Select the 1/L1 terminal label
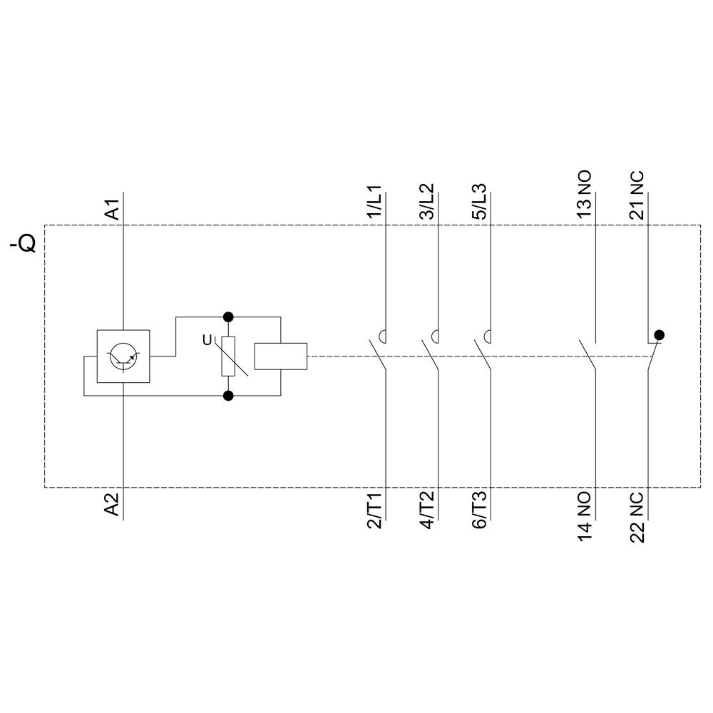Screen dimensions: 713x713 pyautogui.click(x=374, y=203)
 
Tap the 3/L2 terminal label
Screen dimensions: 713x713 pyautogui.click(x=426, y=203)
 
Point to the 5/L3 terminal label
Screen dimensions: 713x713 pyautogui.click(x=479, y=203)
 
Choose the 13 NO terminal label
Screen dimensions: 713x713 pyautogui.click(x=584, y=195)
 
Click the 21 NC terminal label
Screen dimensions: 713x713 pyautogui.click(x=637, y=195)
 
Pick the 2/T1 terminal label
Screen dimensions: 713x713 pyautogui.click(x=374, y=511)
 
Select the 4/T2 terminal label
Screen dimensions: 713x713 pyautogui.click(x=426, y=511)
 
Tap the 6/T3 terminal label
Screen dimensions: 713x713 pyautogui.click(x=479, y=511)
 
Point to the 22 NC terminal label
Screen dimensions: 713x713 pyautogui.click(x=637, y=518)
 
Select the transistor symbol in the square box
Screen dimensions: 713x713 pyautogui.click(x=123, y=356)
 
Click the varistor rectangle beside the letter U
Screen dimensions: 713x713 pyautogui.click(x=228, y=356)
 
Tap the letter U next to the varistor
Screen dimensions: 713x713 pyautogui.click(x=207, y=341)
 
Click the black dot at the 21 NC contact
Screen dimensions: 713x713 pyautogui.click(x=659, y=334)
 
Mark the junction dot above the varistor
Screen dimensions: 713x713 pyautogui.click(x=228, y=316)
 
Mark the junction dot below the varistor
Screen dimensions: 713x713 pyautogui.click(x=228, y=396)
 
